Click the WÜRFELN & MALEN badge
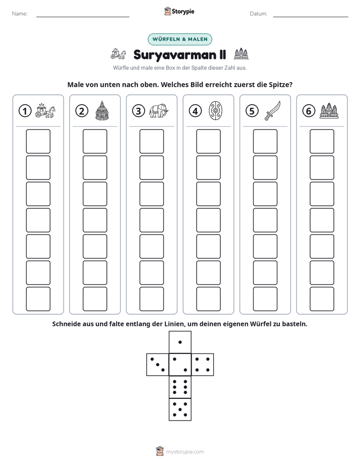coord(179,39)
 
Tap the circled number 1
coord(25,111)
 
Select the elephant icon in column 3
coord(158,111)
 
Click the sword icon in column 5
coord(272,110)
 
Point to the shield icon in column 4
coord(215,111)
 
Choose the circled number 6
coord(309,111)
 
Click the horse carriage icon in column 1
coord(45,110)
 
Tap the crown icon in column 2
coord(102,110)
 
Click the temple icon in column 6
coord(329,110)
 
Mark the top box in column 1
coord(38,141)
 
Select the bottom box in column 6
coord(322,299)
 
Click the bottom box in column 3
coord(151,299)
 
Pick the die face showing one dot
coord(180,342)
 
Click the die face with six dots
coord(180,387)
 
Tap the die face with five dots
coord(180,410)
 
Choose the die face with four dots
coord(203,365)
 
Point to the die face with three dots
coord(158,365)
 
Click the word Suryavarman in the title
coord(174,55)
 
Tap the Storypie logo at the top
coord(179,12)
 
